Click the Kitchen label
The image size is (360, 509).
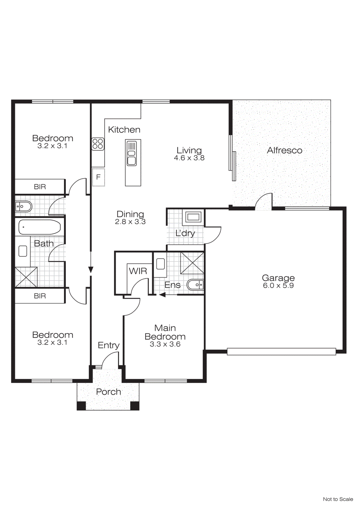click(124, 130)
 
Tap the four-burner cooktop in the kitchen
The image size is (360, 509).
click(98, 144)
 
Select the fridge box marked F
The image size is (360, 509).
click(98, 177)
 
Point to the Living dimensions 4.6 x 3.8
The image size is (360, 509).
click(189, 158)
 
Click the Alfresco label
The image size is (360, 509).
click(285, 150)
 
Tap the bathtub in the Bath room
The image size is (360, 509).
click(39, 227)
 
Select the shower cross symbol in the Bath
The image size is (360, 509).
click(26, 277)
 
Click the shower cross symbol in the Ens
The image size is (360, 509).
click(192, 263)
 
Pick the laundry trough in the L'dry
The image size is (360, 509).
click(193, 218)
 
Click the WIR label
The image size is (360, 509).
click(138, 271)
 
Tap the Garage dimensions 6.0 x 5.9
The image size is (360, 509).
click(278, 286)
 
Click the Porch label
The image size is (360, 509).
click(108, 392)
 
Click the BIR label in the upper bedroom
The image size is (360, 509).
click(40, 187)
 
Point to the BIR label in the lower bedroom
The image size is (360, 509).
click(40, 296)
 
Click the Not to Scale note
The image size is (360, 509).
click(338, 499)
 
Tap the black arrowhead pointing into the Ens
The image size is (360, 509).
click(162, 295)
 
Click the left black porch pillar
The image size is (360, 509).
click(81, 406)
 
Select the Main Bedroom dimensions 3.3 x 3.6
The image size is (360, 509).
click(165, 345)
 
